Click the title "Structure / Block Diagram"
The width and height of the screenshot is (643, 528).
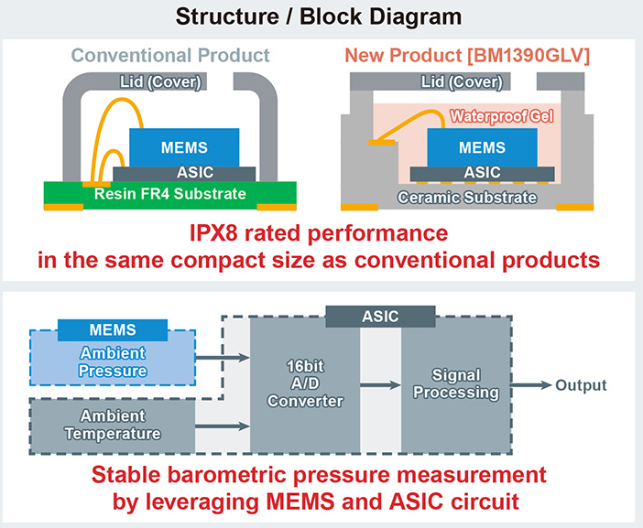pos(319,17)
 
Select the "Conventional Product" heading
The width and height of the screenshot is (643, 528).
pos(170,55)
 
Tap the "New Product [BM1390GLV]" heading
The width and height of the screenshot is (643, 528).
pos(467,55)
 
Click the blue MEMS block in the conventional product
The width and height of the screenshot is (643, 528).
pos(184,147)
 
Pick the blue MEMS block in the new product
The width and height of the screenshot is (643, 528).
pos(482,147)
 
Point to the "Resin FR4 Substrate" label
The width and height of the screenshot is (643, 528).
pos(170,194)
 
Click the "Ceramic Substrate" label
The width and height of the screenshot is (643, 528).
pos(467,198)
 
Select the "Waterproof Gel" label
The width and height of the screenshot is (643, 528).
pos(502,116)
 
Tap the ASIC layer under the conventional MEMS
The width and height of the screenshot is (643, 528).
pos(184,174)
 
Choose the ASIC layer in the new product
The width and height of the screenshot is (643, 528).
pos(482,174)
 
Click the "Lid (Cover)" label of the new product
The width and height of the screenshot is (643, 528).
pos(462,82)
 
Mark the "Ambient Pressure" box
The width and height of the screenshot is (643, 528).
pos(113,358)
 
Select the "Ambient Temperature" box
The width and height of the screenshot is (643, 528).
pos(113,426)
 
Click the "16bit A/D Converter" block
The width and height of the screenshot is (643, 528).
pos(305,384)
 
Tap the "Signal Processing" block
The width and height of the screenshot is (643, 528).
pos(456,384)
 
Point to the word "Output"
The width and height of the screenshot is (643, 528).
pos(581,385)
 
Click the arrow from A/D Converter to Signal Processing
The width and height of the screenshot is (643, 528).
pos(380,384)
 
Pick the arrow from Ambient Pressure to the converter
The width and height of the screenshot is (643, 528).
pos(223,358)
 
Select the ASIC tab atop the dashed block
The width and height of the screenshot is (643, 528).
pos(380,317)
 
